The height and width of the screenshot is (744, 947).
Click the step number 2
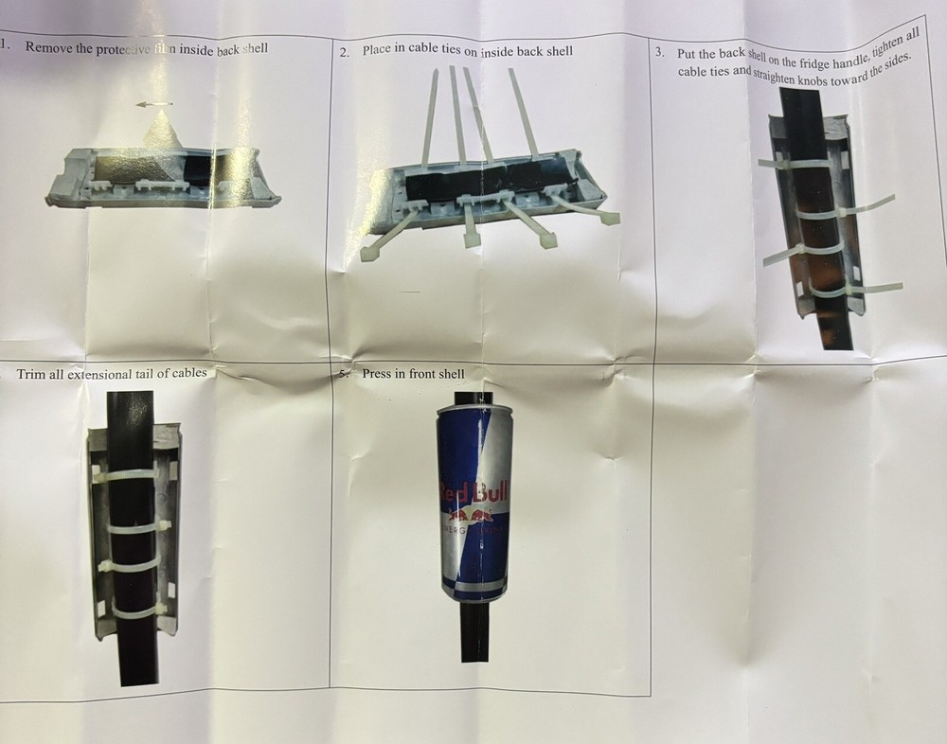click(344, 51)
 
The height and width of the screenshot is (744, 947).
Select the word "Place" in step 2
click(378, 49)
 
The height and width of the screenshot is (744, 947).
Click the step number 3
click(659, 53)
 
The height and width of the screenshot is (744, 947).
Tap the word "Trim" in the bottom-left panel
click(31, 374)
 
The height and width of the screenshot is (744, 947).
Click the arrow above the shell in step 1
click(152, 102)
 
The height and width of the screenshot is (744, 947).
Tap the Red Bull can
click(473, 502)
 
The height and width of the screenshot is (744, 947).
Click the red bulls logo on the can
click(473, 516)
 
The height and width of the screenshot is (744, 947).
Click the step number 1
click(5, 45)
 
